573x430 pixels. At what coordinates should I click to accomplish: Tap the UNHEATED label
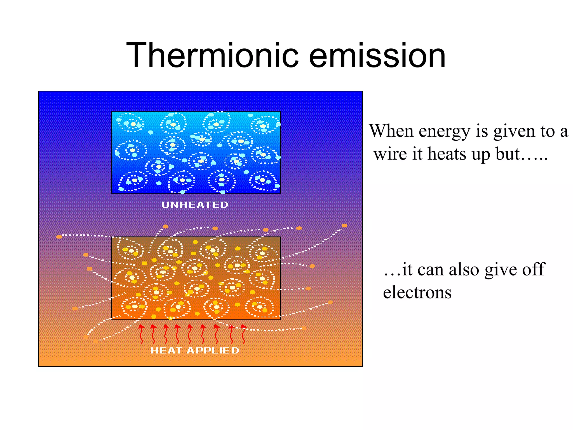[x=195, y=205]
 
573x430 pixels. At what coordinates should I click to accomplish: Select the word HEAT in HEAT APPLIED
[x=166, y=350]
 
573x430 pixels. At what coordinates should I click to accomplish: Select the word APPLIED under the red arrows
[x=213, y=350]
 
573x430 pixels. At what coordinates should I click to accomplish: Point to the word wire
[x=391, y=154]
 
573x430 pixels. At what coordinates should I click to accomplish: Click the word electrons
[x=417, y=293]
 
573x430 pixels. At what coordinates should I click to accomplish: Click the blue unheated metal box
[x=196, y=153]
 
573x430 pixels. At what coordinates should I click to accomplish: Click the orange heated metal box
[x=196, y=278]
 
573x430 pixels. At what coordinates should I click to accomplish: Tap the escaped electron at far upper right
[x=344, y=226]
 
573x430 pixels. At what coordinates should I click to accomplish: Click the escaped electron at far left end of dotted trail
[x=59, y=237]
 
